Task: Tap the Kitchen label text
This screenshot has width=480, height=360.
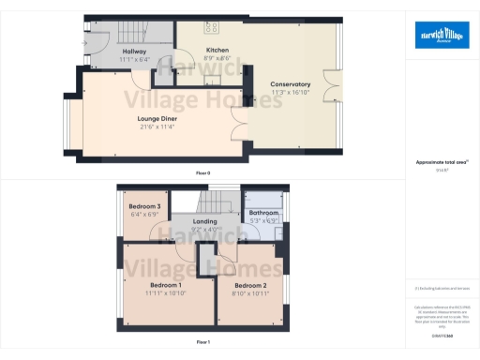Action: pos(218,50)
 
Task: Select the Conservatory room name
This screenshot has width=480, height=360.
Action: pos(290,83)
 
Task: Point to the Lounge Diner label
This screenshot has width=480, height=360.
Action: pos(157,119)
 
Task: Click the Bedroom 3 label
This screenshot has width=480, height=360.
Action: pos(145,206)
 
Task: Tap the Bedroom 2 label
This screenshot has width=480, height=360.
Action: pos(250,285)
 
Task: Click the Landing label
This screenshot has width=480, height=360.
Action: pos(205,221)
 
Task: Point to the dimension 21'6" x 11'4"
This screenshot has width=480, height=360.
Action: pos(157,127)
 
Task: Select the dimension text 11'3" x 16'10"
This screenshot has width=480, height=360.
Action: pos(290,92)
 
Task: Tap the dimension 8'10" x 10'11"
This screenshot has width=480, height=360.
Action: pos(250,293)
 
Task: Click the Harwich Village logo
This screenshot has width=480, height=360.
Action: pos(442,35)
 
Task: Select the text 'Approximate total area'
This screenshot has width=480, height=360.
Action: pos(440,161)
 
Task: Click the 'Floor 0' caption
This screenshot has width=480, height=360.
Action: pos(202,172)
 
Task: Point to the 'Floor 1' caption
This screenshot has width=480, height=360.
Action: pos(202,343)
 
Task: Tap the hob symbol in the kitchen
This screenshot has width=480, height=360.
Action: pos(212,27)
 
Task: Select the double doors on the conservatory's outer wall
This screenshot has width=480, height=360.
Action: pos(329,83)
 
